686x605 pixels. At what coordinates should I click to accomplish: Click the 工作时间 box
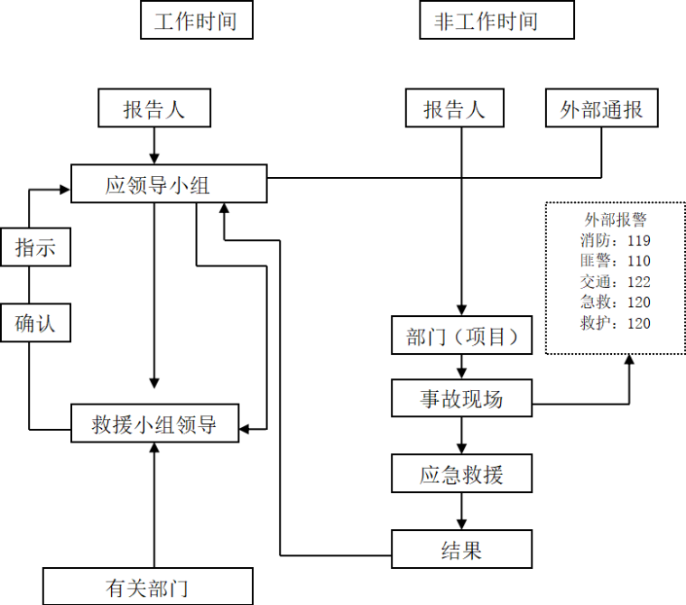196,20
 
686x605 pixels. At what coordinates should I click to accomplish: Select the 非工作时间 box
496,20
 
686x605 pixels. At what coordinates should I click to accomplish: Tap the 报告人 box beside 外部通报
454,109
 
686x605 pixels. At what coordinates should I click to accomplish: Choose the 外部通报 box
601,109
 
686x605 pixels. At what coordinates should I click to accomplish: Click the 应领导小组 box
169,184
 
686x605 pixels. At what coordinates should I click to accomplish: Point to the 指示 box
35,247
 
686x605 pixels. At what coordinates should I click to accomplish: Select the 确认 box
35,323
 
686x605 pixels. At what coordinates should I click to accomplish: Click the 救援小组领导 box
154,423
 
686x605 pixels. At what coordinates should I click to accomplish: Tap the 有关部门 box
147,588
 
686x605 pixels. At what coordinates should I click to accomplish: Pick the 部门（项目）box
461,336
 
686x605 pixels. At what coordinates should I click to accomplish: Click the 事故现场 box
461,398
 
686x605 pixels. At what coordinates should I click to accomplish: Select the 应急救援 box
461,474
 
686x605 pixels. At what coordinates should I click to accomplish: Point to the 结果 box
461,550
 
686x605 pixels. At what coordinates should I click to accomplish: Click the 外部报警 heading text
616,219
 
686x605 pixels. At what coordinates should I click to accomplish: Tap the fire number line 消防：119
616,240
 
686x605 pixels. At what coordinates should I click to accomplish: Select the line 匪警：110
616,261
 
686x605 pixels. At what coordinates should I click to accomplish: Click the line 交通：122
616,282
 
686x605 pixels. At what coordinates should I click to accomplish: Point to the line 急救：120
616,302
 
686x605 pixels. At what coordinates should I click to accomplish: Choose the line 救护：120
616,323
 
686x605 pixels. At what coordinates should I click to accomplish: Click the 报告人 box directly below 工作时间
154,109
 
